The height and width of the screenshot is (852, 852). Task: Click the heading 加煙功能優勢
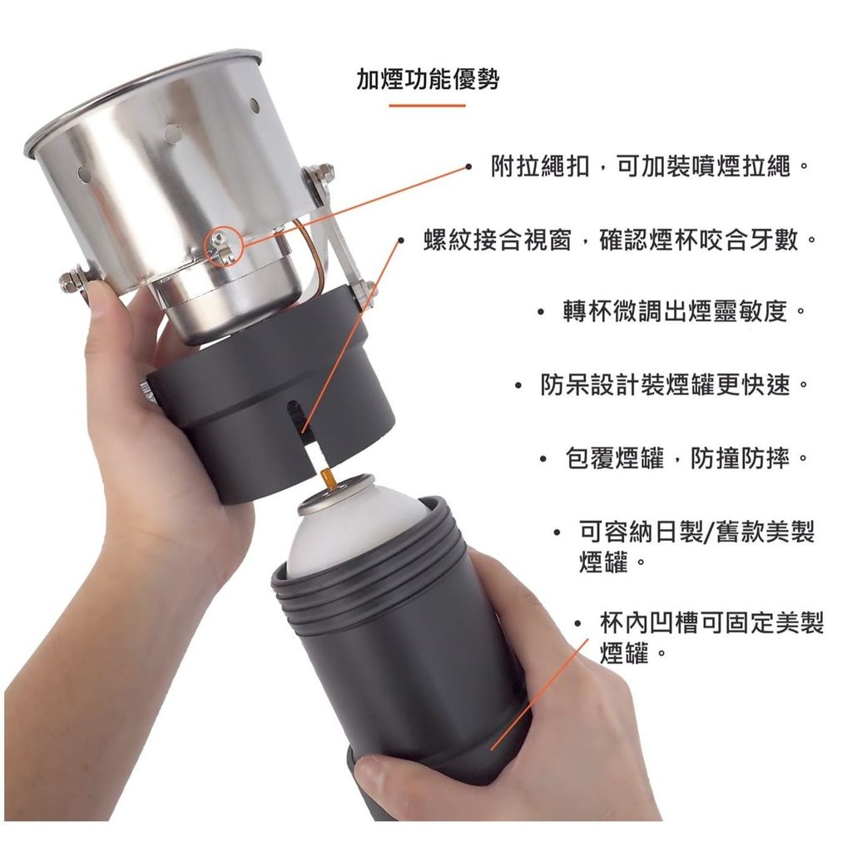[428, 79]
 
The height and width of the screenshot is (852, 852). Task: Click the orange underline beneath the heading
[427, 106]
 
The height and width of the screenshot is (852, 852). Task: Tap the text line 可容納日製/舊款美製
[697, 532]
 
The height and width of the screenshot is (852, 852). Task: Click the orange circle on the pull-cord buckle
[223, 245]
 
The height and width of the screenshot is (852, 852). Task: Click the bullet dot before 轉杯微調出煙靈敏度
[540, 313]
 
